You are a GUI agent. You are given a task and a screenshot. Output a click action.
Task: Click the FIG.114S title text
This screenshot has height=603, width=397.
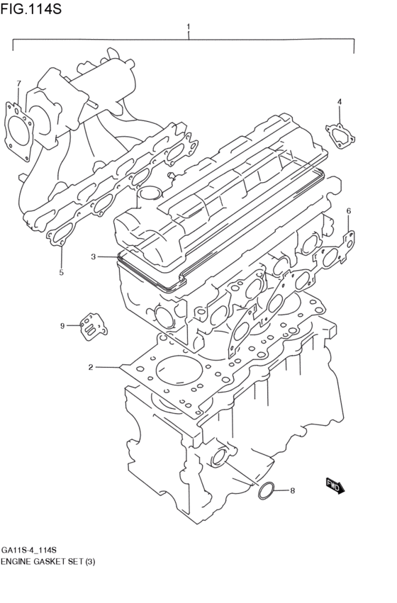point(30,9)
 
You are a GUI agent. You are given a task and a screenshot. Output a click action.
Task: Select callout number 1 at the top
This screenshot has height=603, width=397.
point(188,27)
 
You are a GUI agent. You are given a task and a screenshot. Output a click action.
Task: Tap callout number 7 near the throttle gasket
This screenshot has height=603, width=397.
point(19,84)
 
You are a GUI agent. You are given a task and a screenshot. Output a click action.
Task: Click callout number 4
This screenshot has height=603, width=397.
point(340,102)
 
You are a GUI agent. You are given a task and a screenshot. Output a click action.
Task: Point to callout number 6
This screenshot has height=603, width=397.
point(348,211)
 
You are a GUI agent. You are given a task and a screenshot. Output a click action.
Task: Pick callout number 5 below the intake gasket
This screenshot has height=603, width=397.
point(61,272)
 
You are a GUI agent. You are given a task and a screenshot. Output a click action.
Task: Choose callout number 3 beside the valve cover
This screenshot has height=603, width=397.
point(93,257)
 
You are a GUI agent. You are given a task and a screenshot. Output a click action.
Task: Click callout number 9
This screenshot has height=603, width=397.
point(62,325)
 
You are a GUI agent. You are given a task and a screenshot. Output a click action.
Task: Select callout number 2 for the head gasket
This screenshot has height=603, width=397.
point(91,367)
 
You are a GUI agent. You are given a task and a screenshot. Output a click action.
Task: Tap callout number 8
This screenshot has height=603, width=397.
point(292,490)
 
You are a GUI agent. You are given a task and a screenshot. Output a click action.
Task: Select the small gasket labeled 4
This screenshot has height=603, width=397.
point(340,134)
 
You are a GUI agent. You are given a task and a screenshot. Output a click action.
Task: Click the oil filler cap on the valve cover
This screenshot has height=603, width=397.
point(150,193)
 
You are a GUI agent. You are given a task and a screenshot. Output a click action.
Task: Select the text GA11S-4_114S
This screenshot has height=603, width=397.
point(29,551)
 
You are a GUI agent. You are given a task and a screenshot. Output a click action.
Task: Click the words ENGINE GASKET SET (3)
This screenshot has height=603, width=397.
point(47,562)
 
